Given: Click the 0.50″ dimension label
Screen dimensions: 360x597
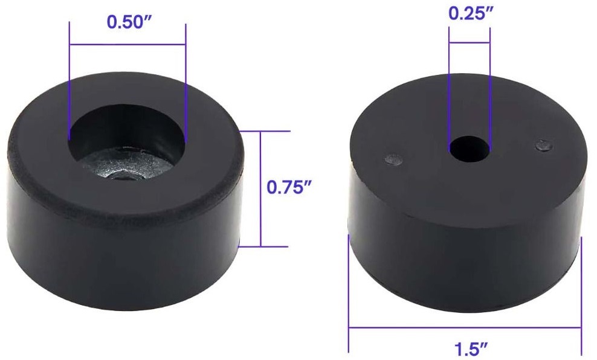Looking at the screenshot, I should [x=127, y=22].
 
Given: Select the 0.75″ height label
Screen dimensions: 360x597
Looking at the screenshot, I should [x=289, y=187].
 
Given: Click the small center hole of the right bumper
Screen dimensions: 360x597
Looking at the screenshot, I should [x=469, y=149].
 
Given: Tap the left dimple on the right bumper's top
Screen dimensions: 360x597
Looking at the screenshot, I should [x=393, y=160].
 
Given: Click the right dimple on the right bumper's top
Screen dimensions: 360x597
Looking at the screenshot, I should [x=543, y=144].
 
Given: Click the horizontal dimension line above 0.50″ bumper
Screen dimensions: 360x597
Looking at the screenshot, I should [x=127, y=44].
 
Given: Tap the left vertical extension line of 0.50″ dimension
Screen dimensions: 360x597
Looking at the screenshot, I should [x=70, y=79].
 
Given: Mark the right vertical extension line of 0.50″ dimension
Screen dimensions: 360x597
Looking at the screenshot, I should [x=186, y=79].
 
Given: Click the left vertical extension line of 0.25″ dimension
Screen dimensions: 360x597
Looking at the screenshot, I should [x=449, y=91].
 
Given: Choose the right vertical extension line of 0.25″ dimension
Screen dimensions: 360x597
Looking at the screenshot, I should [x=489, y=91].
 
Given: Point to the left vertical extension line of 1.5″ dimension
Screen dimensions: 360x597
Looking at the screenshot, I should [x=349, y=290].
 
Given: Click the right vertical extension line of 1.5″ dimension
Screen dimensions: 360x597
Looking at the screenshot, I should [x=581, y=290].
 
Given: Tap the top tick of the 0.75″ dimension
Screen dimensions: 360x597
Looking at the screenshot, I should [x=266, y=130].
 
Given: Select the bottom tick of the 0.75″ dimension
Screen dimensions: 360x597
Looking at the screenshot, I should [x=266, y=246].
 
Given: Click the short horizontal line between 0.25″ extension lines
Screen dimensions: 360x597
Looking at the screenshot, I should [x=469, y=43].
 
